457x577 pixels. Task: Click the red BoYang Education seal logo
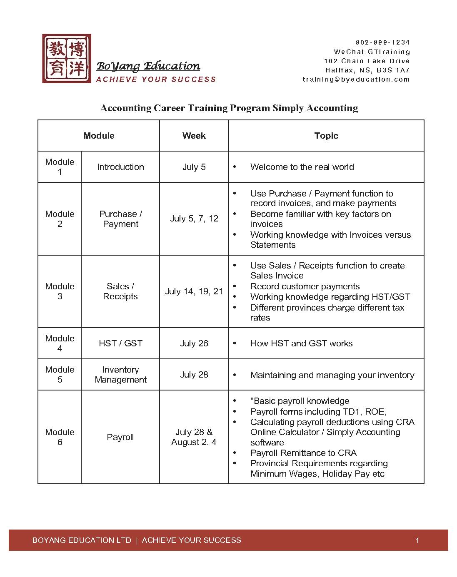67,58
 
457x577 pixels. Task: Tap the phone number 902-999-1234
382,42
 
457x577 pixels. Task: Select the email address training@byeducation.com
356,79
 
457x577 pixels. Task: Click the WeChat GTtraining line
372,52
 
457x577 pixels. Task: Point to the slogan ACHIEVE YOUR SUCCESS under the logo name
156,79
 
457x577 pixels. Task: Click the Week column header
194,136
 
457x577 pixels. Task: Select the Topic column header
326,136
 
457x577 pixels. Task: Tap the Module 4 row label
60,343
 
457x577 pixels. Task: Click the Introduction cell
120,167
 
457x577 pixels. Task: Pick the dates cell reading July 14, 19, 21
194,291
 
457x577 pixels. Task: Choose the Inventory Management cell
120,375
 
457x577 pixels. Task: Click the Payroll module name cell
120,437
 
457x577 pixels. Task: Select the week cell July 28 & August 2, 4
194,437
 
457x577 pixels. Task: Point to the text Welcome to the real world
302,167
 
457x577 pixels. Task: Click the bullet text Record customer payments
305,286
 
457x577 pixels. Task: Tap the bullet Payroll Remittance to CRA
303,453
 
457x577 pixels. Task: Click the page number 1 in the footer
417,540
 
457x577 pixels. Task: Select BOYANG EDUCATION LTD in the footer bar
82,540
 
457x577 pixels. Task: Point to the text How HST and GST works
301,343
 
